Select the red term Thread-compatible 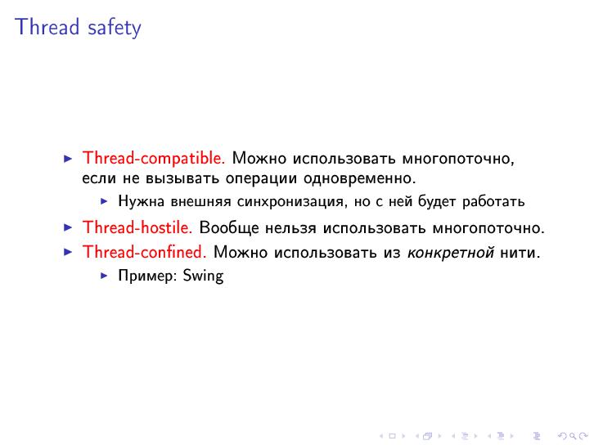[154, 158]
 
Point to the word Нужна [137, 201]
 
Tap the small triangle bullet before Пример [104, 276]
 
